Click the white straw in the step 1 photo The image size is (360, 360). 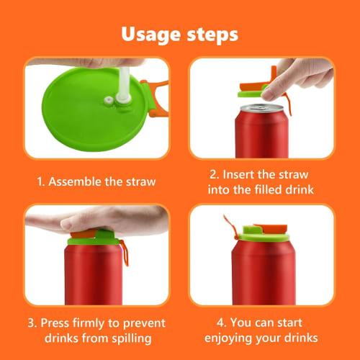(119, 79)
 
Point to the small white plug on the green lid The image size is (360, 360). (109, 101)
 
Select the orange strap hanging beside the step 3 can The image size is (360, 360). (125, 252)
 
